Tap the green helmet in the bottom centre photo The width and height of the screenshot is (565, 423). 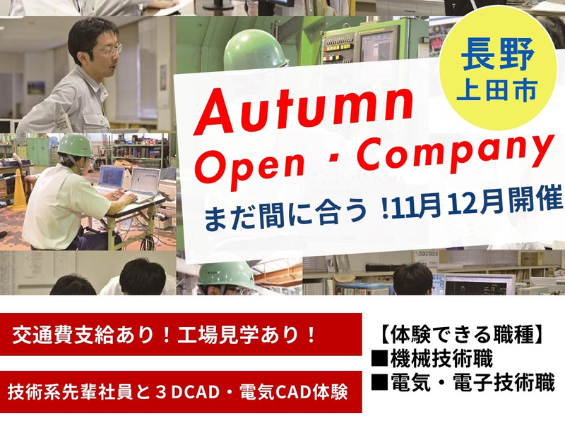(225, 275)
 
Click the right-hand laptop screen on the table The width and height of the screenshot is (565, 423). (147, 181)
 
